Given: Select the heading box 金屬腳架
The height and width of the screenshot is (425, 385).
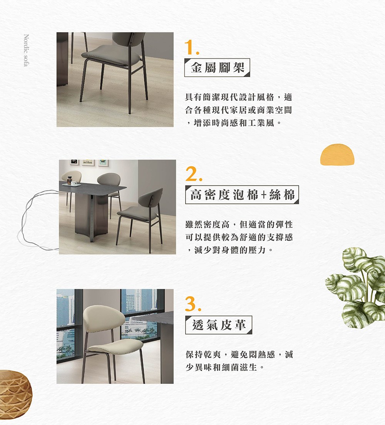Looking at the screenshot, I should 218,68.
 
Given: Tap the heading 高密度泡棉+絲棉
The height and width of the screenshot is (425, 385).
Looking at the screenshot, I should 242,195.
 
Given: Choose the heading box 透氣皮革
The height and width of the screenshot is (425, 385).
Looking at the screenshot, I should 219,325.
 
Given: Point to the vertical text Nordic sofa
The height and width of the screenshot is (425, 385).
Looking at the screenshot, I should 26,50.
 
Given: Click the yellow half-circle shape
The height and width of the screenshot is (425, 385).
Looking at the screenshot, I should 336,155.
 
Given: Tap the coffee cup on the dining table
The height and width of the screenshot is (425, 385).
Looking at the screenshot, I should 74,184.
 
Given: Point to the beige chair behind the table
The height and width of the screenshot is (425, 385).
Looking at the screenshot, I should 72,177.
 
